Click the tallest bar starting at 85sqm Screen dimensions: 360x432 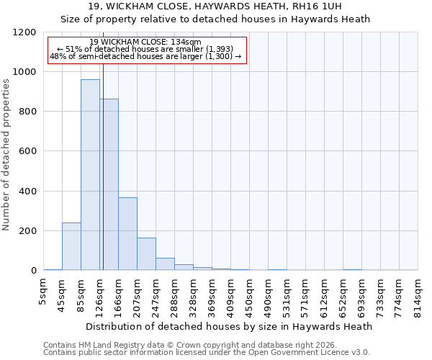[x=90, y=175]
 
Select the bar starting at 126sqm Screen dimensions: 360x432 [x=109, y=184]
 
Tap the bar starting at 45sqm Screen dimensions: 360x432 [x=71, y=246]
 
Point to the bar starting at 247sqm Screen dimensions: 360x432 [x=165, y=264]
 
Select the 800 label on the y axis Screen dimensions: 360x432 [x=27, y=112]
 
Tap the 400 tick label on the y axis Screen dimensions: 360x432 [x=27, y=192]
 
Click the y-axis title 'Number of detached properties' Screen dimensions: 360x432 [x=6, y=156]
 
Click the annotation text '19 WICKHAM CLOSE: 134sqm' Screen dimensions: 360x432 [x=146, y=42]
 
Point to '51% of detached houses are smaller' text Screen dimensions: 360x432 [x=146, y=49]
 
